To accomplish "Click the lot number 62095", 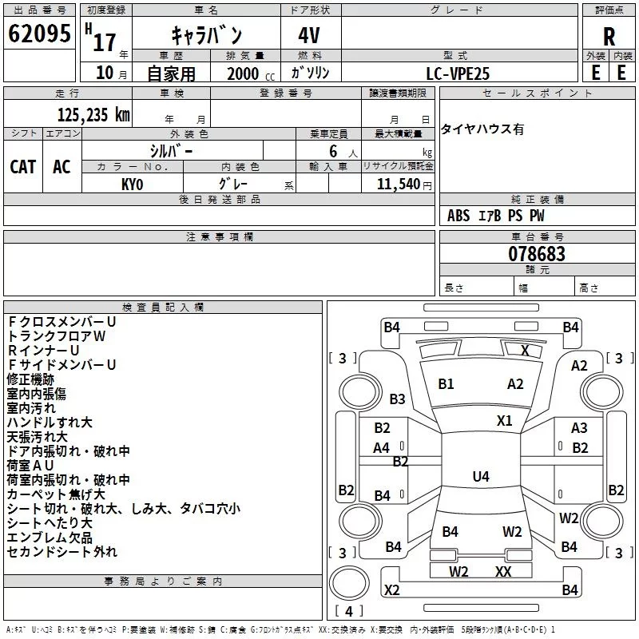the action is (39, 36).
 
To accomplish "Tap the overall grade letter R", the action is (609, 37).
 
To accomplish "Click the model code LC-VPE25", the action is (458, 73).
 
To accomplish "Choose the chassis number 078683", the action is (537, 254).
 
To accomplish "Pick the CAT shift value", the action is (22, 166).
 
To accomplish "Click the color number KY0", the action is (132, 184).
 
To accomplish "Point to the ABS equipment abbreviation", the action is (458, 216).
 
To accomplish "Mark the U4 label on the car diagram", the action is (480, 477).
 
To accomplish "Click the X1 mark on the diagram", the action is (504, 420).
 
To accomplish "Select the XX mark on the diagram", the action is (503, 571).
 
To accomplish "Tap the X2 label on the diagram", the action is (391, 590).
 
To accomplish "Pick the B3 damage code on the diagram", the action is (397, 399).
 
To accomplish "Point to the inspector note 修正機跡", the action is (30, 379).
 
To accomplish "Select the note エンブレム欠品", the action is (50, 538).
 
